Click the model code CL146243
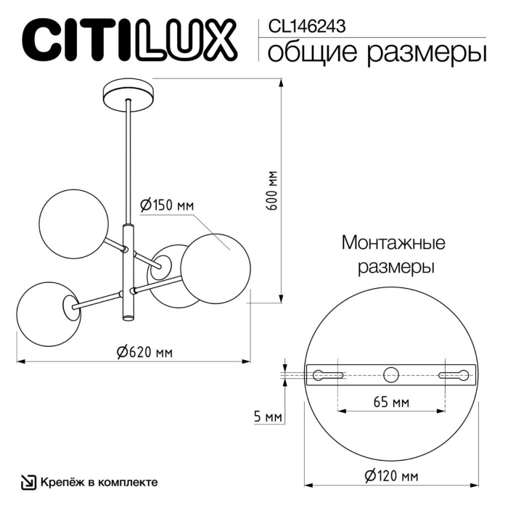306,26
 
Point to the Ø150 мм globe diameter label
166,205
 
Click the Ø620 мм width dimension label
144,353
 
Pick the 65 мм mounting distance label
390,402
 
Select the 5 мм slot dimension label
269,417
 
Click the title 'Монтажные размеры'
393,254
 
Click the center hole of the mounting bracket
391,374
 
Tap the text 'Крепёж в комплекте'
99,482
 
